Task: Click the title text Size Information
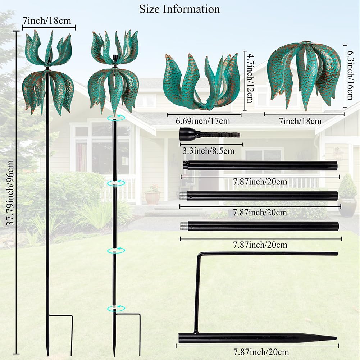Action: point(179,9)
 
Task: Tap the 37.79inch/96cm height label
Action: point(10,194)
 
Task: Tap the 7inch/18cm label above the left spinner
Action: point(49,21)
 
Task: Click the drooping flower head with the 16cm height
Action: point(305,74)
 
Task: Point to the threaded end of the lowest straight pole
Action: point(184,226)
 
